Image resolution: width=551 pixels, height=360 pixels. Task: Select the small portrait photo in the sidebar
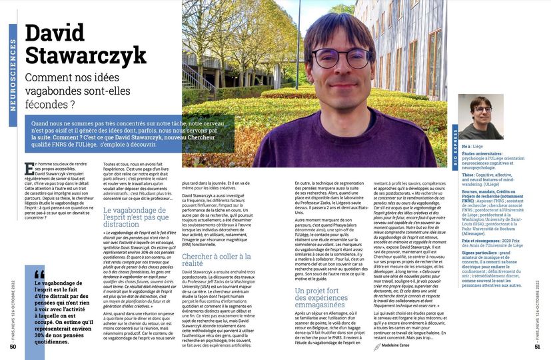point(480,116)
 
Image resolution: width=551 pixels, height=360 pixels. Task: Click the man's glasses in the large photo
point(340,58)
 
